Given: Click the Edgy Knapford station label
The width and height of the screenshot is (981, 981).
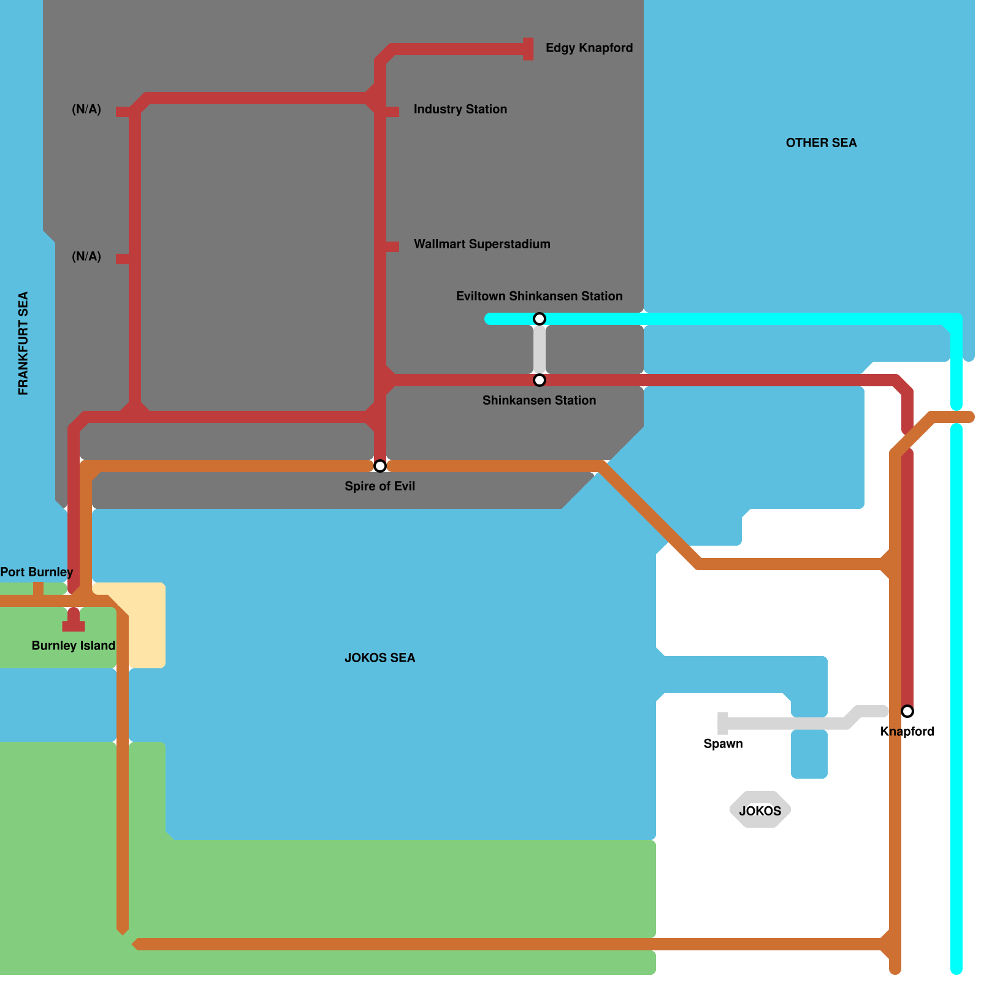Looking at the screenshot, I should click(589, 48).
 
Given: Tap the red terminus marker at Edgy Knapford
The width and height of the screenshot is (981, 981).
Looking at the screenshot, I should click(528, 49).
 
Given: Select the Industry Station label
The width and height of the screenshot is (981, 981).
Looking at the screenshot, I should click(460, 109).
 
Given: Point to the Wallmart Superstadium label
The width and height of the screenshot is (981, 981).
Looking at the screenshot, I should click(482, 244).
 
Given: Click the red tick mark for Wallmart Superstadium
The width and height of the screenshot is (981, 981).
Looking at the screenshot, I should click(392, 246).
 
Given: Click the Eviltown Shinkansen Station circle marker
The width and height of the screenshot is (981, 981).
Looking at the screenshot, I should click(540, 319).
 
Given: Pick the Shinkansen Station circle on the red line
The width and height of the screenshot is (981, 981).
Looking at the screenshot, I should click(540, 380).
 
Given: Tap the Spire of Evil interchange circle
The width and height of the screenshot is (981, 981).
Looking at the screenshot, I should click(380, 466).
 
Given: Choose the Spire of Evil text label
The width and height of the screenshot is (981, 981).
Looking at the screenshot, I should click(380, 486).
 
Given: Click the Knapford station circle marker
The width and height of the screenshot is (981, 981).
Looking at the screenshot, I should click(907, 711).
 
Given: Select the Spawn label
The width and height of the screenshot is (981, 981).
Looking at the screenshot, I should click(723, 744).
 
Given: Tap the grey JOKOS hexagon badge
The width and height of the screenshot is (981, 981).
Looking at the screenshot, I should click(760, 810).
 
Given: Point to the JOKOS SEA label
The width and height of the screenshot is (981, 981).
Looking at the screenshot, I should click(380, 658).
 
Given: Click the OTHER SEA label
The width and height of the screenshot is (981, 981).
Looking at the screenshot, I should click(821, 143).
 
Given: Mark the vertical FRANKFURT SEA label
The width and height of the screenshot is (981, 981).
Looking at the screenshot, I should click(23, 343).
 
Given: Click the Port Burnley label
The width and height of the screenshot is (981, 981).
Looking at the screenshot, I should click(37, 572).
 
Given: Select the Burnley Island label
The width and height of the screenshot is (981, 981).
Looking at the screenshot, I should click(73, 646).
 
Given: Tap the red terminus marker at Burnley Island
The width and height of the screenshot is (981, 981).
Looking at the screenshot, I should click(74, 625).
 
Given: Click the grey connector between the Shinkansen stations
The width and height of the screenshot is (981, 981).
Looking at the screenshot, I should click(540, 349).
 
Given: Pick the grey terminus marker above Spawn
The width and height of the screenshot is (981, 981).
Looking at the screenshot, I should click(723, 723).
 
